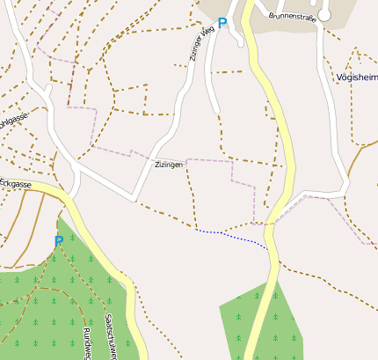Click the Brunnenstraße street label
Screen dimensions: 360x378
pyautogui.click(x=292, y=16)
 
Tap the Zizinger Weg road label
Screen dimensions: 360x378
pyautogui.click(x=201, y=43)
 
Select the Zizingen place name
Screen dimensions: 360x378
pyautogui.click(x=169, y=165)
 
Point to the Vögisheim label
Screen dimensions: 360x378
pyautogui.click(x=357, y=77)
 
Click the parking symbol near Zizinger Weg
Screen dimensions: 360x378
pyautogui.click(x=222, y=23)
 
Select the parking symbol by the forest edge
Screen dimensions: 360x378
pyautogui.click(x=58, y=240)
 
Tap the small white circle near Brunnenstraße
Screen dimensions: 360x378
pyautogui.click(x=324, y=15)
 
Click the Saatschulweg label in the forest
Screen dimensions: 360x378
pyautogui.click(x=111, y=335)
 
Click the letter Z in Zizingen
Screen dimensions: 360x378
pyautogui.click(x=156, y=165)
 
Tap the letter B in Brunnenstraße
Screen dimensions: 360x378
pyautogui.click(x=272, y=16)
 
